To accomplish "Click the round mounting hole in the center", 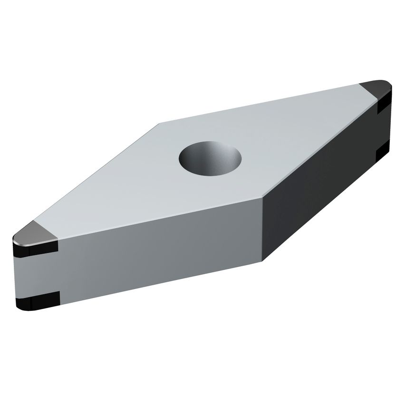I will coord(210,159).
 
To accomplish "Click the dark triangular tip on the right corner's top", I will coord(376,89).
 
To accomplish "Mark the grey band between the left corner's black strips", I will coord(36,274).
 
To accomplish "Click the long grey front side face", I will coord(157,252).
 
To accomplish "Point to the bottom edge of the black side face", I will coord(323,212).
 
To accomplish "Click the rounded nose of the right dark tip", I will coord(389,86).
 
